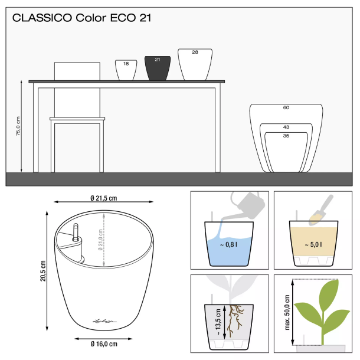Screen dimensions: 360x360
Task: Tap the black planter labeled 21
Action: [158, 69]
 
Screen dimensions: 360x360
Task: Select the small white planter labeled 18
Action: [126, 70]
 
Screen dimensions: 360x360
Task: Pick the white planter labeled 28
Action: [195, 65]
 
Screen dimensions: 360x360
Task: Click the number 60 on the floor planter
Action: [286, 108]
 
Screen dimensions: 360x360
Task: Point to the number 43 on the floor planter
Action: [286, 127]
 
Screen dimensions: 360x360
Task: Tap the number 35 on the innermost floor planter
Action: [286, 136]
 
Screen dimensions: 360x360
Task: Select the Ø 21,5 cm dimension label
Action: [103, 198]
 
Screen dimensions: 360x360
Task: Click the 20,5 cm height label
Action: [42, 271]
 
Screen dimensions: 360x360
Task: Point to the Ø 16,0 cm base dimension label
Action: [103, 343]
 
